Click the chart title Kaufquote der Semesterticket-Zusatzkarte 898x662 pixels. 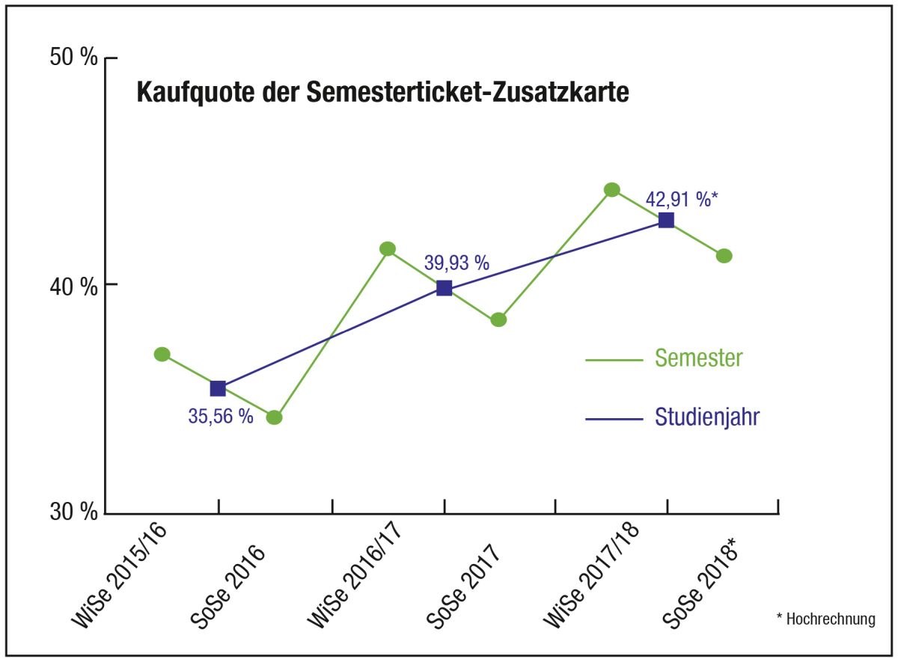click(x=382, y=94)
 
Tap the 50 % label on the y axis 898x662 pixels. click(x=74, y=58)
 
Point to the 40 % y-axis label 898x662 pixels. click(x=74, y=285)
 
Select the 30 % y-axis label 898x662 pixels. click(x=74, y=513)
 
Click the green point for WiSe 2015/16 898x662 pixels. click(x=162, y=354)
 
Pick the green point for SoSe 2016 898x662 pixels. click(x=275, y=417)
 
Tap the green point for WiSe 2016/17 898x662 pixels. click(x=388, y=248)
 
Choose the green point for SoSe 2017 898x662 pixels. click(x=499, y=319)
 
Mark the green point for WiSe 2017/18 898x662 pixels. click(x=612, y=189)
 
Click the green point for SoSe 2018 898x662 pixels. click(x=724, y=256)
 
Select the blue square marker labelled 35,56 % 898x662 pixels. click(x=218, y=388)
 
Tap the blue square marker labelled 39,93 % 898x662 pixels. click(x=444, y=288)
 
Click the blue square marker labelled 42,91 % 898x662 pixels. click(x=666, y=220)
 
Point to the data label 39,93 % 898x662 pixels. click(x=456, y=263)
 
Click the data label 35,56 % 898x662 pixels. click(x=221, y=417)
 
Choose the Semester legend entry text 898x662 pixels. click(x=698, y=358)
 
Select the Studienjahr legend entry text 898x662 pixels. click(x=707, y=417)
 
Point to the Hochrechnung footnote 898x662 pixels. click(x=825, y=619)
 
